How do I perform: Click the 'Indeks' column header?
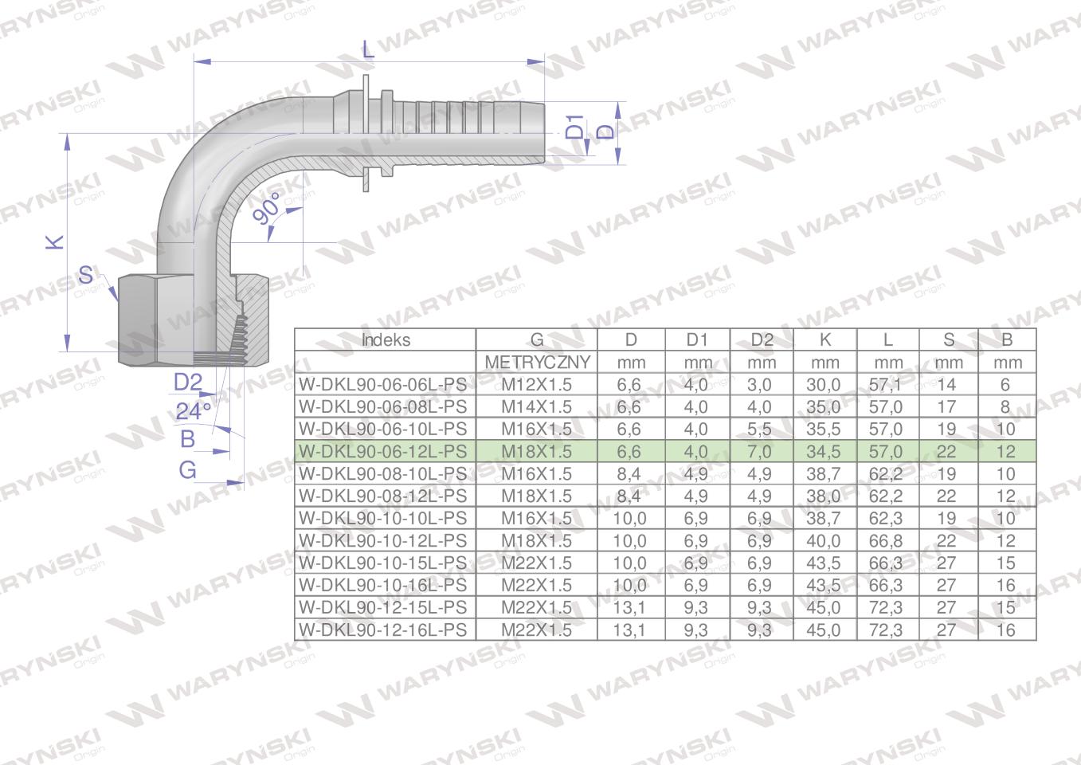(x=386, y=340)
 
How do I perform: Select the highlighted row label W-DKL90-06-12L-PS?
(x=383, y=452)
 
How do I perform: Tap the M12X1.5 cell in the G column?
(x=536, y=385)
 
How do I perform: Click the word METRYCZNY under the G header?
(x=537, y=363)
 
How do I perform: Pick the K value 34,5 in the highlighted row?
(x=824, y=452)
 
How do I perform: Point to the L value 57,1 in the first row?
(x=886, y=385)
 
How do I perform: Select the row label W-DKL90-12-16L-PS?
(x=383, y=630)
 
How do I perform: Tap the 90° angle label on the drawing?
(x=268, y=209)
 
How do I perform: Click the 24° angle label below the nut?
(x=194, y=411)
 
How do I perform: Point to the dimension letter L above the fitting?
(x=367, y=49)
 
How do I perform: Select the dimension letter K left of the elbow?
(x=54, y=242)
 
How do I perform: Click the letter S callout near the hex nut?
(x=86, y=277)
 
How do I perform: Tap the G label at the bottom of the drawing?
(x=187, y=470)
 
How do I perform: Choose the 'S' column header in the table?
(x=948, y=340)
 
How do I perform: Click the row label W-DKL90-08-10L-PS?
(x=383, y=474)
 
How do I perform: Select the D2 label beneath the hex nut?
(x=188, y=382)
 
